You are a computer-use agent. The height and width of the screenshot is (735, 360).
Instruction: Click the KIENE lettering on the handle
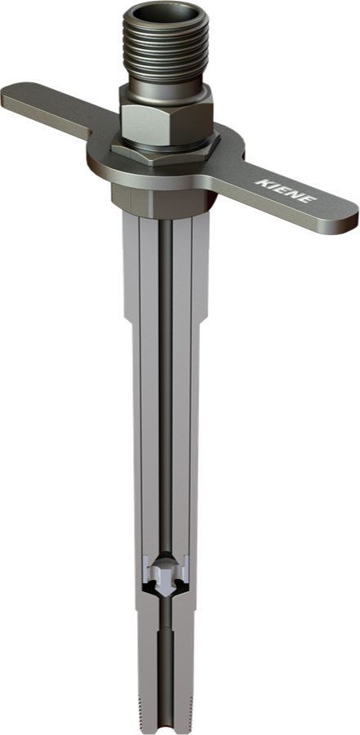(x=286, y=190)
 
